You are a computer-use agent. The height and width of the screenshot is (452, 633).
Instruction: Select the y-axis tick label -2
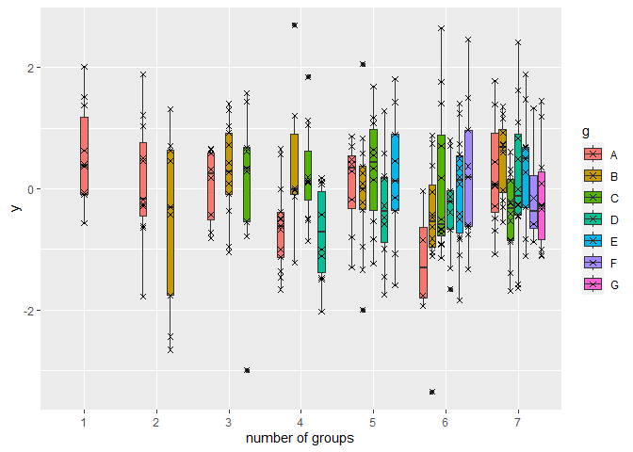28,311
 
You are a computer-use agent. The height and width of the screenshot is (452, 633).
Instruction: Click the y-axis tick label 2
30,69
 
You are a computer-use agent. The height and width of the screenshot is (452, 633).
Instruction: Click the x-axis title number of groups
300,438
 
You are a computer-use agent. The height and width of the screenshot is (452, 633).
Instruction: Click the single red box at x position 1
84,155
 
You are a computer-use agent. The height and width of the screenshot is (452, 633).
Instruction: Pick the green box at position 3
247,184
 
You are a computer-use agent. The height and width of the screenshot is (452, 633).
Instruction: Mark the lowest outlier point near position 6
432,392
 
